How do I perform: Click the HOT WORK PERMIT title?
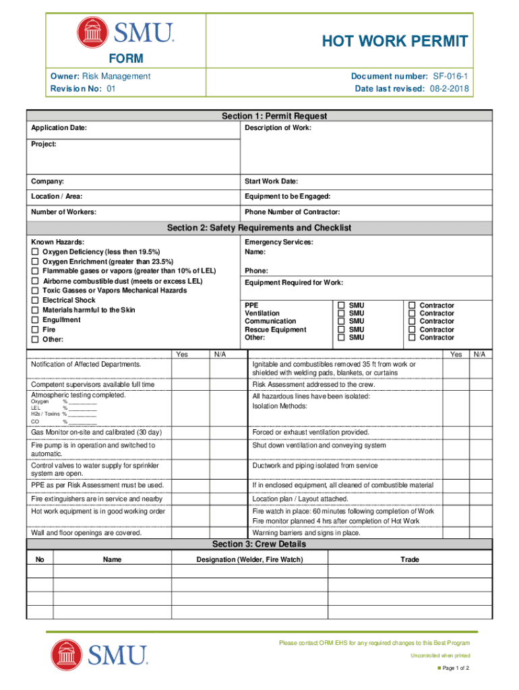coord(394,42)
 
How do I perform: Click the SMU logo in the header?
coord(126,31)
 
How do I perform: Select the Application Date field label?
coord(59,128)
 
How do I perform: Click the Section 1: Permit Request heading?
coord(274,117)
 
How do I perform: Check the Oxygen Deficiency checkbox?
coord(35,251)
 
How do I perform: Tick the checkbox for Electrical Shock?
coord(35,301)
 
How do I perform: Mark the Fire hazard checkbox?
coord(35,330)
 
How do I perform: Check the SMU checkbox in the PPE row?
coord(342,305)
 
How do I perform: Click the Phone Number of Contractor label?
coord(292,212)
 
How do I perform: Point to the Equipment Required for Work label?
coord(294,282)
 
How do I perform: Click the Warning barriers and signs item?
coord(306,532)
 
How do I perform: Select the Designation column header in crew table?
coord(249,559)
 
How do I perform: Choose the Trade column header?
coord(409,559)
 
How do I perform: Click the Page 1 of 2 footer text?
coord(456,668)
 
